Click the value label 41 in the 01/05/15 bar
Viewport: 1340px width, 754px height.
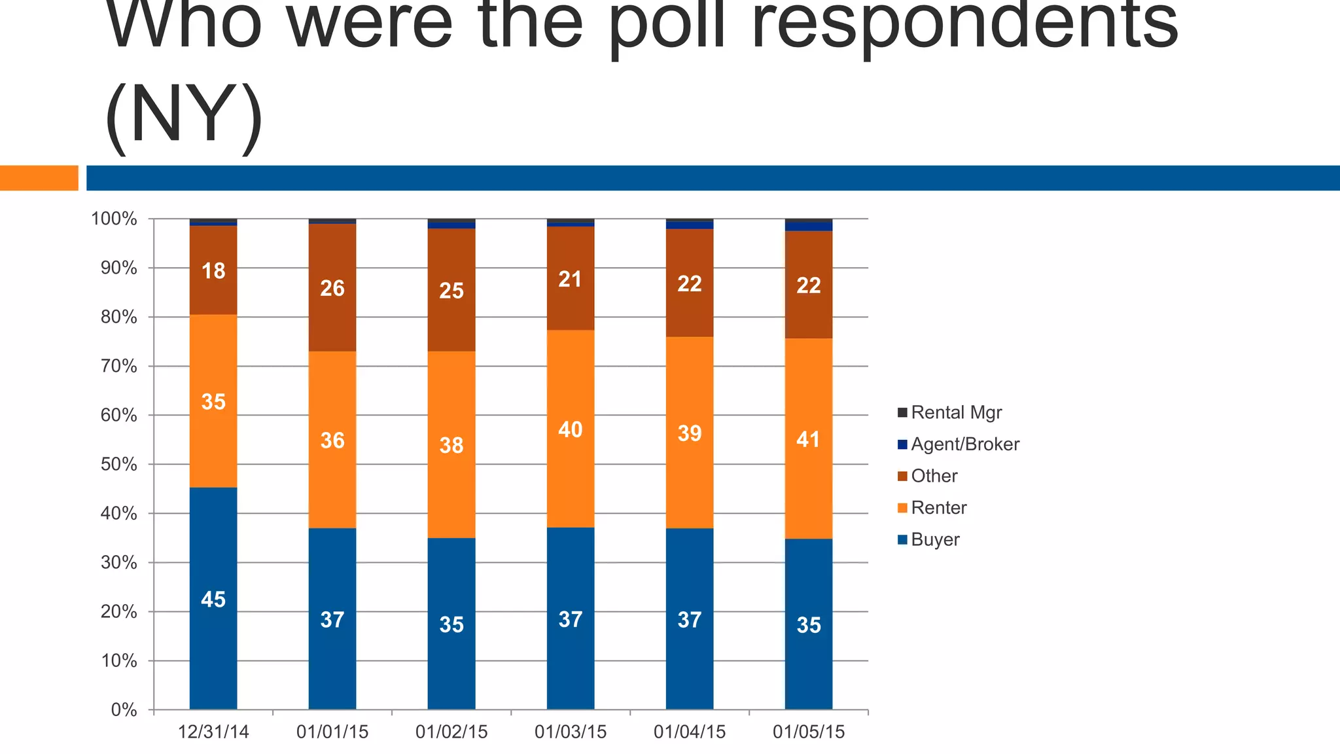808,439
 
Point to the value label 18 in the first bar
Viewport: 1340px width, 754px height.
213,270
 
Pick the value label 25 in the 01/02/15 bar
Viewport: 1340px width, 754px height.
451,291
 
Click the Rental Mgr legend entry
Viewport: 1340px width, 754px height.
955,412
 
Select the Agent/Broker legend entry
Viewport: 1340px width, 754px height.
964,444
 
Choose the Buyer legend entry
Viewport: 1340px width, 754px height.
934,540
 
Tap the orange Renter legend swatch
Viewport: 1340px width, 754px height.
903,508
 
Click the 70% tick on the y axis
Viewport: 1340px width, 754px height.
119,367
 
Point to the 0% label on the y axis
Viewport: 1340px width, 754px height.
124,710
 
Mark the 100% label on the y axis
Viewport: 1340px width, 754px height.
114,219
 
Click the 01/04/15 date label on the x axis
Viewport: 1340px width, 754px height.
690,732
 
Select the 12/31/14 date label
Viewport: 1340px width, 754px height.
213,732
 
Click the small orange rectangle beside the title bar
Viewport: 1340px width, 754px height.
39,178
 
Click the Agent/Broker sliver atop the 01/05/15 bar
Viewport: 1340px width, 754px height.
809,227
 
